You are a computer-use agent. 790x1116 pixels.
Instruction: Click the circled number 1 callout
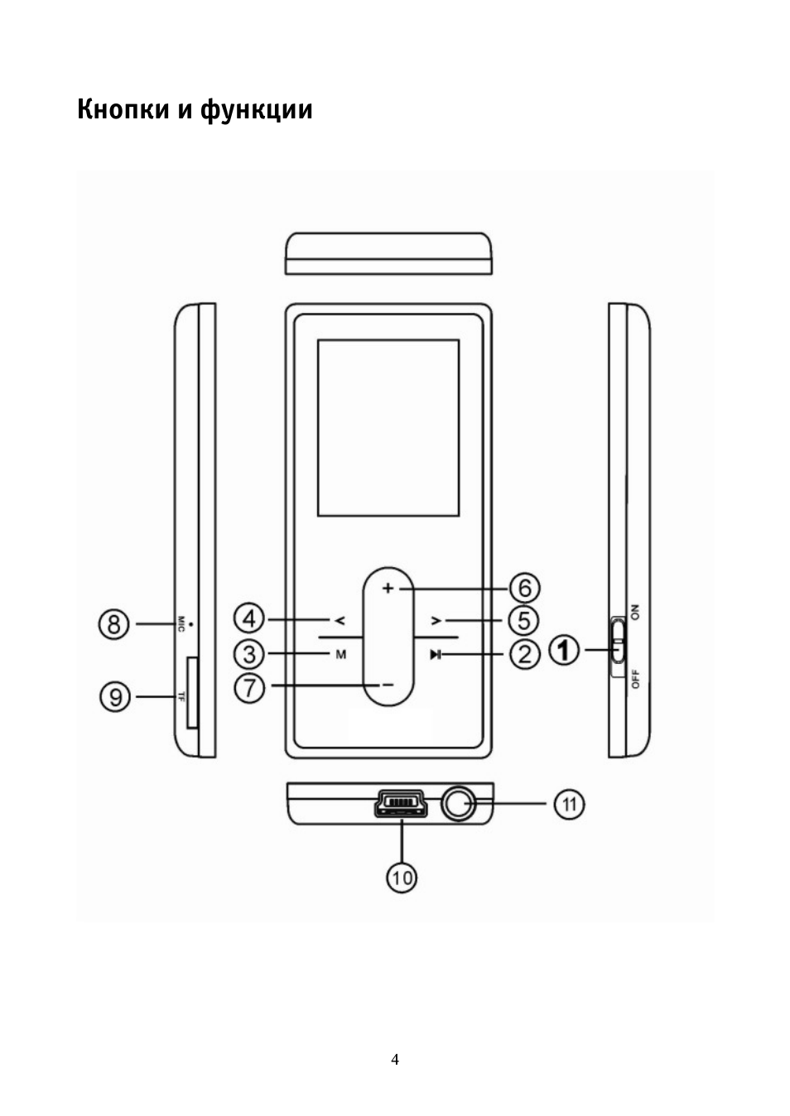[x=564, y=650]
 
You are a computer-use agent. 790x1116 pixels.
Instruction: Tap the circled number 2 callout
[x=524, y=654]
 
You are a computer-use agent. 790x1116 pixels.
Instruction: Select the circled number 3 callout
[x=249, y=654]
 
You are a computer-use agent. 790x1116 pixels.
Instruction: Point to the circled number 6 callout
[x=524, y=588]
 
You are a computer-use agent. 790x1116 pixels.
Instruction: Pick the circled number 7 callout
[x=249, y=687]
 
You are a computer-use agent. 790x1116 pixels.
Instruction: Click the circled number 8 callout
[x=114, y=623]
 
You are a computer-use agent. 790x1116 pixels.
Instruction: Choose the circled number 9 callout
[x=115, y=696]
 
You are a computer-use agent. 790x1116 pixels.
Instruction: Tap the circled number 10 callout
[x=402, y=892]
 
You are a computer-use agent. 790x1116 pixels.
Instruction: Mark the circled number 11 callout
[x=569, y=804]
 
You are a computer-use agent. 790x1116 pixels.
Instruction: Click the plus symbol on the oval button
[x=388, y=589]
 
